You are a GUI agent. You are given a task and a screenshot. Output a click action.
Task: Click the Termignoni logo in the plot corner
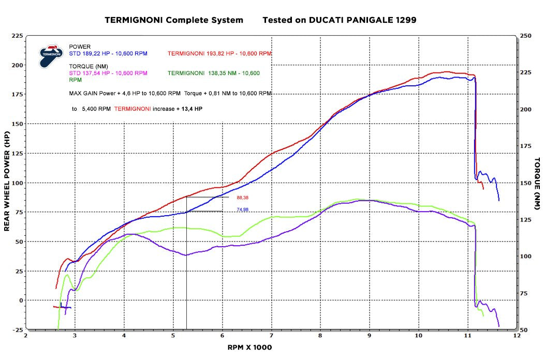point(52,55)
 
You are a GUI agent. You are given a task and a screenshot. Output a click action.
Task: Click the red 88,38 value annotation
point(243,198)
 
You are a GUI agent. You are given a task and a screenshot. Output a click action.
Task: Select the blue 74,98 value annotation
point(243,209)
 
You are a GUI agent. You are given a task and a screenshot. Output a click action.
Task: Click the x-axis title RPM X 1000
point(250,347)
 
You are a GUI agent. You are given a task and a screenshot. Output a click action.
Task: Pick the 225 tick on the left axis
point(17,36)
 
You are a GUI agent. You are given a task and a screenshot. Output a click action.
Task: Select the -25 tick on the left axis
point(17,329)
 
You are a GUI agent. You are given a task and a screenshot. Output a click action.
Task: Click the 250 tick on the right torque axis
point(526,36)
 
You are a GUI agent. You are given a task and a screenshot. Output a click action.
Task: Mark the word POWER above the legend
point(80,47)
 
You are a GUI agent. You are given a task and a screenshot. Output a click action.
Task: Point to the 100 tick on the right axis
point(526,256)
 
